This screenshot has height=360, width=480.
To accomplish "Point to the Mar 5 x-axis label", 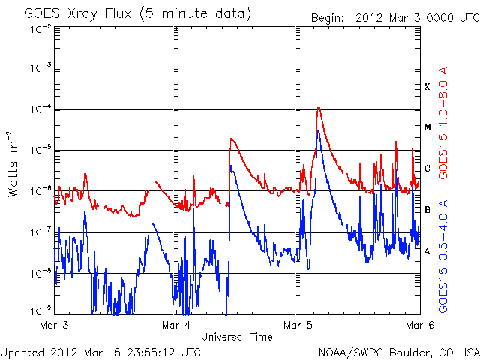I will [298, 325].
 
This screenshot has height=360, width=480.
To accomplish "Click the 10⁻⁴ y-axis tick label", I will [40, 109].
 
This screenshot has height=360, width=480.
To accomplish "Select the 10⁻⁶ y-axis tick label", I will [40, 190].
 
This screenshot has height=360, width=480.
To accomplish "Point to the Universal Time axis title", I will [236, 337].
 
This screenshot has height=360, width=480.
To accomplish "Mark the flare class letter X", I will [427, 87].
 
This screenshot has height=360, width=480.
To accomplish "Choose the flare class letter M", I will [427, 127].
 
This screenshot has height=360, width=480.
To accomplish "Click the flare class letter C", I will [427, 169].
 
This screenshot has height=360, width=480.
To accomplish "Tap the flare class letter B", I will [427, 210].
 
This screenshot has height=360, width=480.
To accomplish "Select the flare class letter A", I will [427, 251].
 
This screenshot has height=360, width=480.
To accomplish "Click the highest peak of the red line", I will [319, 108].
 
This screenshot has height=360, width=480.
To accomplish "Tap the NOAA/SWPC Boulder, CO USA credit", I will [398, 352].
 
